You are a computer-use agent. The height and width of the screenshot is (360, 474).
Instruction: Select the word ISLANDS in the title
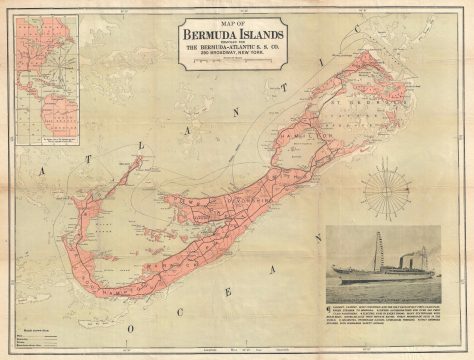261,34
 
